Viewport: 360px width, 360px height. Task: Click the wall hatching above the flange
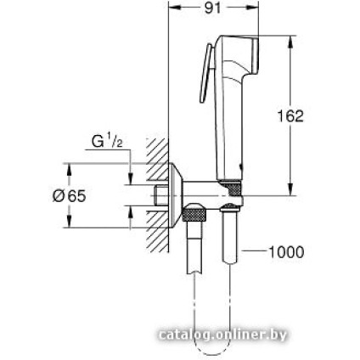click(x=153, y=153)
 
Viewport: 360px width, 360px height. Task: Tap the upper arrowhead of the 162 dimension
click(x=291, y=39)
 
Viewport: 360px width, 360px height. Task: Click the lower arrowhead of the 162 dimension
click(x=291, y=190)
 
